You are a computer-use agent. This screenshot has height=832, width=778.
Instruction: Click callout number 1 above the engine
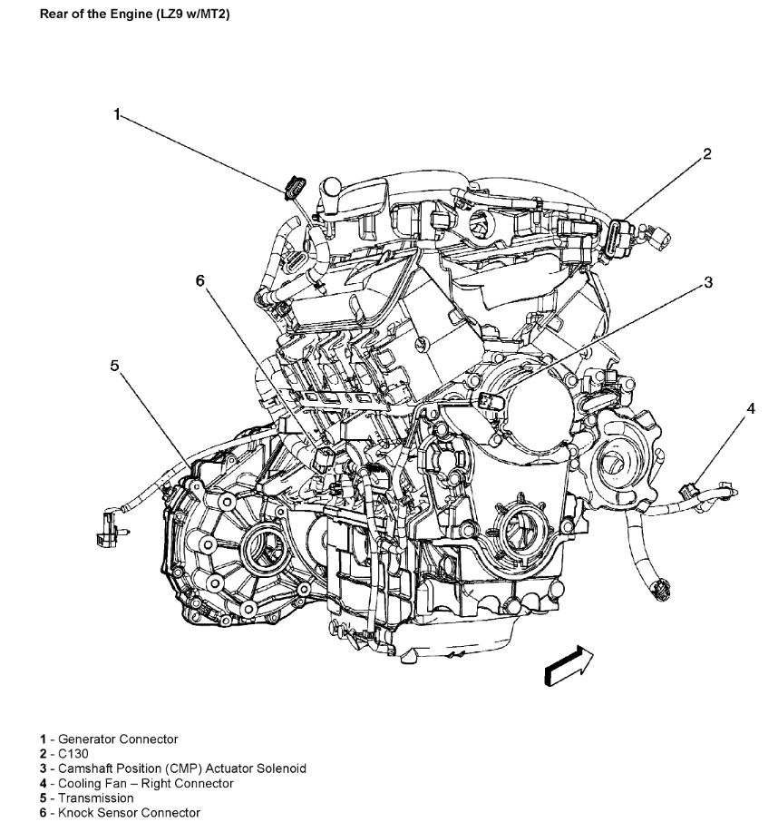click(117, 114)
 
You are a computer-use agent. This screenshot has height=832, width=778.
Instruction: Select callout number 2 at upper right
click(706, 154)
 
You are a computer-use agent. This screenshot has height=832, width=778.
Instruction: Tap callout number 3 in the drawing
click(708, 283)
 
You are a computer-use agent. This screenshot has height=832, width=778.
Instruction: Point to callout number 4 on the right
click(750, 409)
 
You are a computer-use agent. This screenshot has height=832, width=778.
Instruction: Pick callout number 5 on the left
click(115, 366)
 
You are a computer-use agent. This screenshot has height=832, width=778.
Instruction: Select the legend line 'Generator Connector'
click(109, 739)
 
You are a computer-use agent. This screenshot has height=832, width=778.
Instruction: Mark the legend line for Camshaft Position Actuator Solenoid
click(172, 768)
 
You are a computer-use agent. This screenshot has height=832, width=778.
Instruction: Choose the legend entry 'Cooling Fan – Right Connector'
click(136, 783)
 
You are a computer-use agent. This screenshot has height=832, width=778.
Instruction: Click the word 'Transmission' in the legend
click(95, 798)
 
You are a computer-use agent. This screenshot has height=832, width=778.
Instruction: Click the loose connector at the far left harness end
click(106, 526)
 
